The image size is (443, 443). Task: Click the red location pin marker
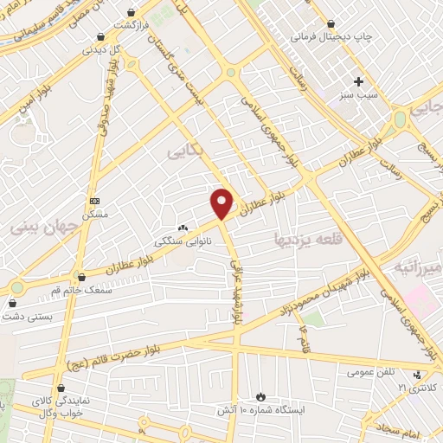tap(222, 203)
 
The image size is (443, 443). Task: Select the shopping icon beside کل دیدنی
tap(103, 37)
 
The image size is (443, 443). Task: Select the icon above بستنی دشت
tap(13, 304)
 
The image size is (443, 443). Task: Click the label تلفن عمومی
tap(371, 372)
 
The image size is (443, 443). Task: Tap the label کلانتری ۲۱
tap(421, 385)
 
